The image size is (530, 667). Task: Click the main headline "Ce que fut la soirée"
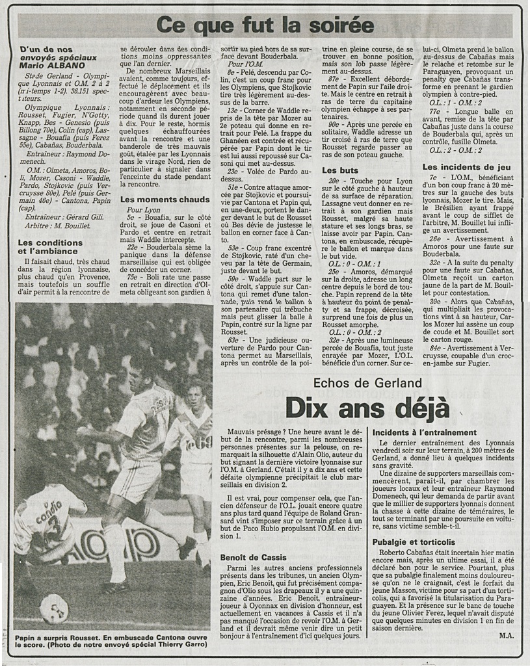[x=265, y=25]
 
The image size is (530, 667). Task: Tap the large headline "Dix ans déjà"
[x=368, y=408]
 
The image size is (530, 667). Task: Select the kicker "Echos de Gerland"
[x=367, y=383]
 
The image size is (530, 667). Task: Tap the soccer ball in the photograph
[x=54, y=608]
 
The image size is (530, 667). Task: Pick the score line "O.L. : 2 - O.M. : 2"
[x=459, y=150]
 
